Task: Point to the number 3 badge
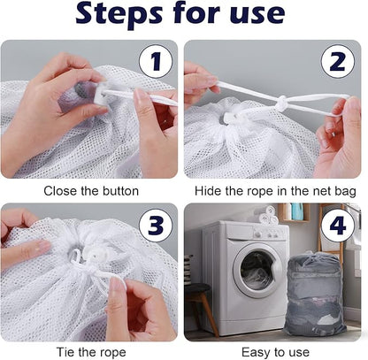tap(156, 226)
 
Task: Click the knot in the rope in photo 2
tap(280, 104)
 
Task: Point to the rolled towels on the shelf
tap(268, 214)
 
